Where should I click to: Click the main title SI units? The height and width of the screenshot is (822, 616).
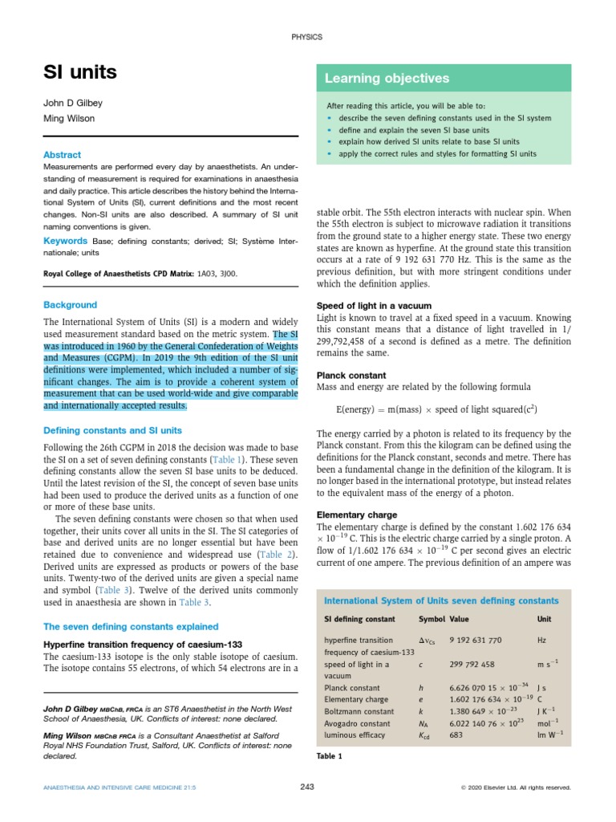click(x=79, y=73)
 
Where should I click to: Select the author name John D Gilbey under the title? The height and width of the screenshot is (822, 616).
click(x=73, y=104)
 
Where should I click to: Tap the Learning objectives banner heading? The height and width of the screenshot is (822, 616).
click(x=387, y=79)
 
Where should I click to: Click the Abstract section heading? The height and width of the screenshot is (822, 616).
click(x=62, y=154)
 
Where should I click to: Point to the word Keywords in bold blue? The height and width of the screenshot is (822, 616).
click(x=65, y=241)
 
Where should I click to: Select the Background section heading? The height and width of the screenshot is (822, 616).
click(x=70, y=305)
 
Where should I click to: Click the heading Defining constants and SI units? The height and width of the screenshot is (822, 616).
click(x=112, y=430)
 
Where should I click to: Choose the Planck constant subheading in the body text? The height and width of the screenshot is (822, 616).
click(x=351, y=376)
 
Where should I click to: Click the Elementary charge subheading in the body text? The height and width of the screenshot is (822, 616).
click(x=357, y=515)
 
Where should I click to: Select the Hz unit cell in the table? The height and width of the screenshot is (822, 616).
click(x=542, y=640)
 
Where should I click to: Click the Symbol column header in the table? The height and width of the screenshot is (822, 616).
click(x=432, y=620)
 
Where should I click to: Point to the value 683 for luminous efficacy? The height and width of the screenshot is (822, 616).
click(x=456, y=735)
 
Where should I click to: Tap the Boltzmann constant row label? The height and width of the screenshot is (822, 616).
click(x=359, y=712)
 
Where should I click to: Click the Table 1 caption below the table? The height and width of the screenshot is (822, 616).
click(x=330, y=756)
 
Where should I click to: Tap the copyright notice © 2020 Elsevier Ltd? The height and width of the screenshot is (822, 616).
click(x=516, y=788)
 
